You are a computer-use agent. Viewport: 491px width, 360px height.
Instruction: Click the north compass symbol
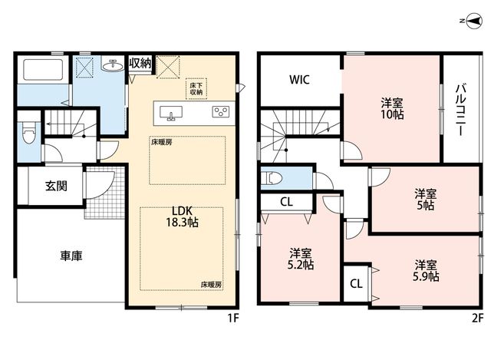point(474,21)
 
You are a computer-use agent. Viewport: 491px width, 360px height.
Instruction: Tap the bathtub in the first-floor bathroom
point(43,69)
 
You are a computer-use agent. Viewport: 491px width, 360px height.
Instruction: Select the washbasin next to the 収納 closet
point(112,65)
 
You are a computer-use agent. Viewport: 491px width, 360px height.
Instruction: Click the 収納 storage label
point(140,64)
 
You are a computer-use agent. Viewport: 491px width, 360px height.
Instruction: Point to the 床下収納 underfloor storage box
point(196,89)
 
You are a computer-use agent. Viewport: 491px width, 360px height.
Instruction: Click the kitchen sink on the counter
point(171,113)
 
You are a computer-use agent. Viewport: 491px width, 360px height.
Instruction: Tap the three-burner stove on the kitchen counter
point(221,112)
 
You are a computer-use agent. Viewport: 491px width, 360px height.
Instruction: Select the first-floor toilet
point(29,133)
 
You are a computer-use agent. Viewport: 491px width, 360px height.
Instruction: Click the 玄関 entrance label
point(56,186)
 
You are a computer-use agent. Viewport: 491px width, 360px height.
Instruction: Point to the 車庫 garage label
point(71,256)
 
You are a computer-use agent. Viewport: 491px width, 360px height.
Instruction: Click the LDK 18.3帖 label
point(182,216)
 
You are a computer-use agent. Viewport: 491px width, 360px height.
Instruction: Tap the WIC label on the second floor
point(299,80)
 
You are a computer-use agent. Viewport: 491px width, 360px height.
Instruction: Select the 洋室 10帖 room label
point(392,109)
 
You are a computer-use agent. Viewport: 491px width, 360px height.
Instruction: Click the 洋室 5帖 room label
point(426,200)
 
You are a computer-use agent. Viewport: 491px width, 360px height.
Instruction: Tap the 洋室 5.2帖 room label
point(301,259)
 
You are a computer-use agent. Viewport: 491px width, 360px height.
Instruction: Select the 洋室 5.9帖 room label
point(426,271)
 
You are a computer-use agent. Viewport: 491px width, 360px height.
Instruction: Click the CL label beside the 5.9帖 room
point(356,284)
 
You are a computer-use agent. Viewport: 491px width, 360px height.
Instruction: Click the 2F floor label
point(477,319)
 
